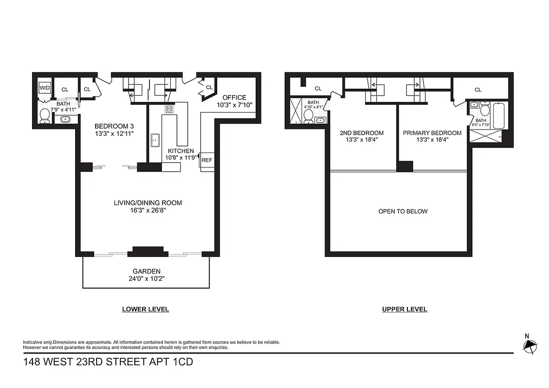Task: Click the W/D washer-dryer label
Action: click(44, 88)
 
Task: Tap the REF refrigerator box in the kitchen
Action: click(207, 160)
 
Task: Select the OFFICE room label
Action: click(234, 97)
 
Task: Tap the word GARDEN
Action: click(146, 271)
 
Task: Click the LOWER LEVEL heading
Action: click(145, 309)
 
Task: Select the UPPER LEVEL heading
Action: click(404, 309)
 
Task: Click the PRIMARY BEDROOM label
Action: click(432, 133)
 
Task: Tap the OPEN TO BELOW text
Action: click(403, 211)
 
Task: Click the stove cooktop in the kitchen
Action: click(169, 109)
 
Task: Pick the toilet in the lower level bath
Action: click(45, 115)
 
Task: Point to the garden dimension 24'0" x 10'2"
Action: click(146, 279)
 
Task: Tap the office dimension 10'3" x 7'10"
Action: click(234, 105)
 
